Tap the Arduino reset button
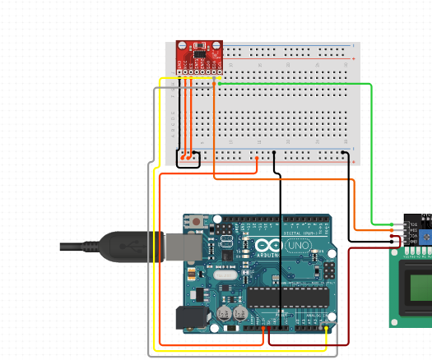197,223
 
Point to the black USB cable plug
123,247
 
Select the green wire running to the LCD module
371,148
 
